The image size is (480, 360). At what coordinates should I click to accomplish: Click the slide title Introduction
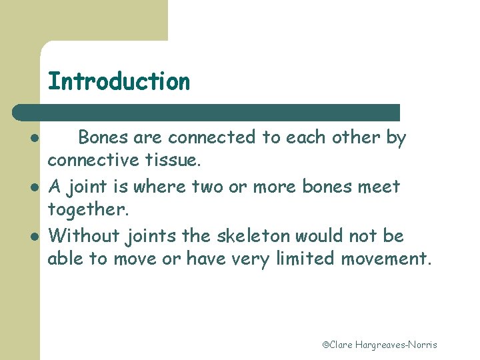[x=119, y=81]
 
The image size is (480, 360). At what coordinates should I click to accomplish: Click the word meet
[x=379, y=186]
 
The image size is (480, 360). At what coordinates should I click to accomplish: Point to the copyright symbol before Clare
[x=326, y=345]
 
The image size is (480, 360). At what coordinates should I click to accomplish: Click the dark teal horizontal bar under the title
[x=207, y=112]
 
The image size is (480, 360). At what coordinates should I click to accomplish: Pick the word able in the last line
[x=65, y=258]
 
